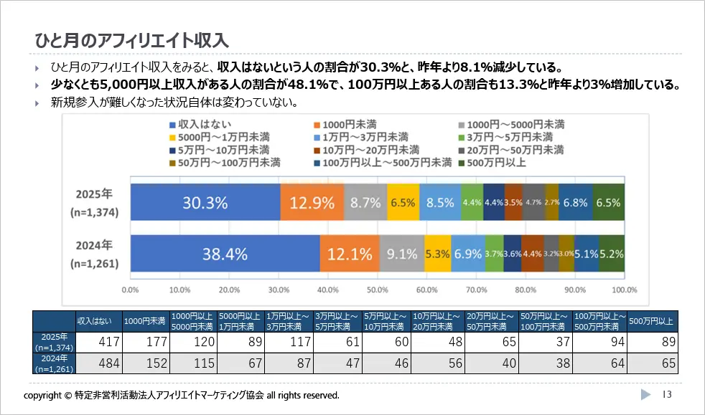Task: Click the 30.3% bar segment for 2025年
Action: coord(205,202)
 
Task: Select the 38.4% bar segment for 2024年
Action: coord(225,254)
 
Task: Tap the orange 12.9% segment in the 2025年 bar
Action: coord(312,202)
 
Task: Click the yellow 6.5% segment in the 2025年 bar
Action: coord(403,202)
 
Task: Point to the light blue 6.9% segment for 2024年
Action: coord(468,254)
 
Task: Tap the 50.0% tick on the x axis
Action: coord(377,290)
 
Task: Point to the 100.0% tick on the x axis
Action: coord(624,290)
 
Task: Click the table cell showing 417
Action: coord(99,342)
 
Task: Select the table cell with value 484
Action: coord(99,363)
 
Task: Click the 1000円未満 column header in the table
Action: coord(146,320)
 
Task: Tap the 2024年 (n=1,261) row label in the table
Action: coord(54,363)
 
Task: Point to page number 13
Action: coord(667,395)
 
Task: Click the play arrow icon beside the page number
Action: coord(645,395)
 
